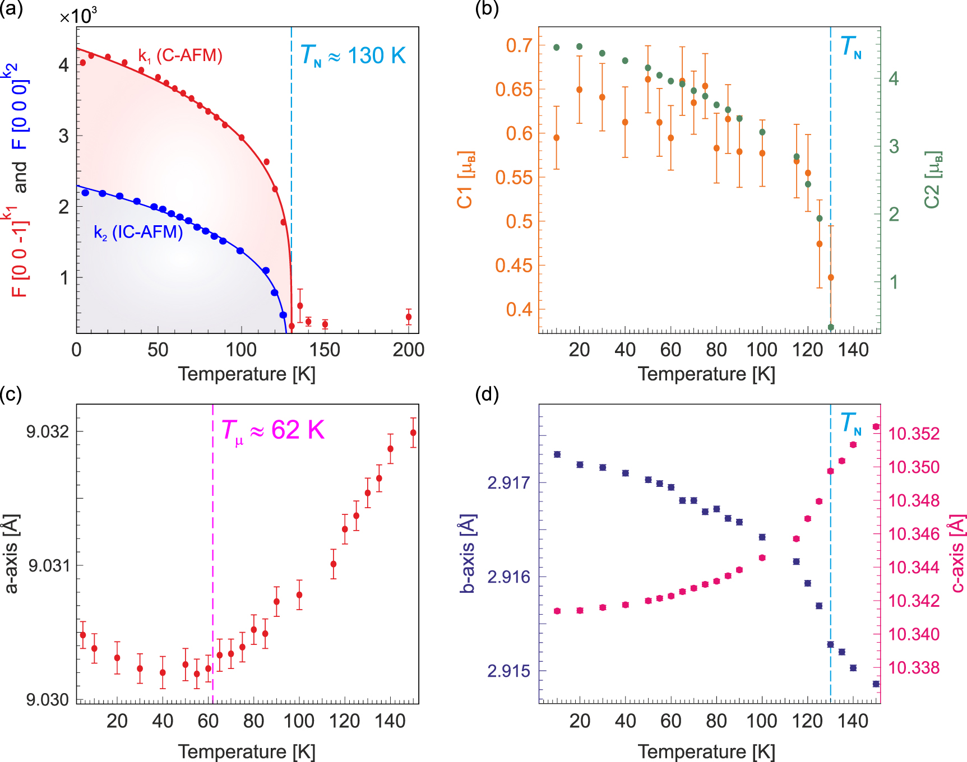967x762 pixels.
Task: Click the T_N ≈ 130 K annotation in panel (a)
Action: (353, 55)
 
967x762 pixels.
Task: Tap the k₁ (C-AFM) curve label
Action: (181, 55)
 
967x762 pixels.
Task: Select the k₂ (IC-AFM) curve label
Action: (138, 232)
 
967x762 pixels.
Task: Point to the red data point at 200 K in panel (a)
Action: (409, 317)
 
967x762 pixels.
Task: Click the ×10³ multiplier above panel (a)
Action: (78, 16)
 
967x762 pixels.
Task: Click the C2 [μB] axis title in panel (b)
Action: (932, 180)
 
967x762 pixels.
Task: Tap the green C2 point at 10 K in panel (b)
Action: (557, 48)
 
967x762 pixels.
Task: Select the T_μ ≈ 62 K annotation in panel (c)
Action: (273, 430)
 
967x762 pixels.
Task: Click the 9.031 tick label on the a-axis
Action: (49, 565)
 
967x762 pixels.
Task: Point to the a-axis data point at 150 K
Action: (413, 433)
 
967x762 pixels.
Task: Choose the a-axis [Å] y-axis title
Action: (11, 553)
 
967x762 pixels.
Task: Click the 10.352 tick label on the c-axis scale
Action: (914, 434)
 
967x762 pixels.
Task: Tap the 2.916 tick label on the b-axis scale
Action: (508, 577)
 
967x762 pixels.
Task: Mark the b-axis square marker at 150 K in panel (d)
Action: (876, 684)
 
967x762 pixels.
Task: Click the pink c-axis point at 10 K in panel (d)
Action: (557, 611)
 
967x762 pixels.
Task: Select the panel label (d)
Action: (487, 394)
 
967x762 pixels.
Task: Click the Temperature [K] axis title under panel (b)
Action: (706, 374)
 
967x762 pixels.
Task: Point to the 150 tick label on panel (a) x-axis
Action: (325, 350)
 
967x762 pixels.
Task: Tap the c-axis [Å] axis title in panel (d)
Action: (957, 554)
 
